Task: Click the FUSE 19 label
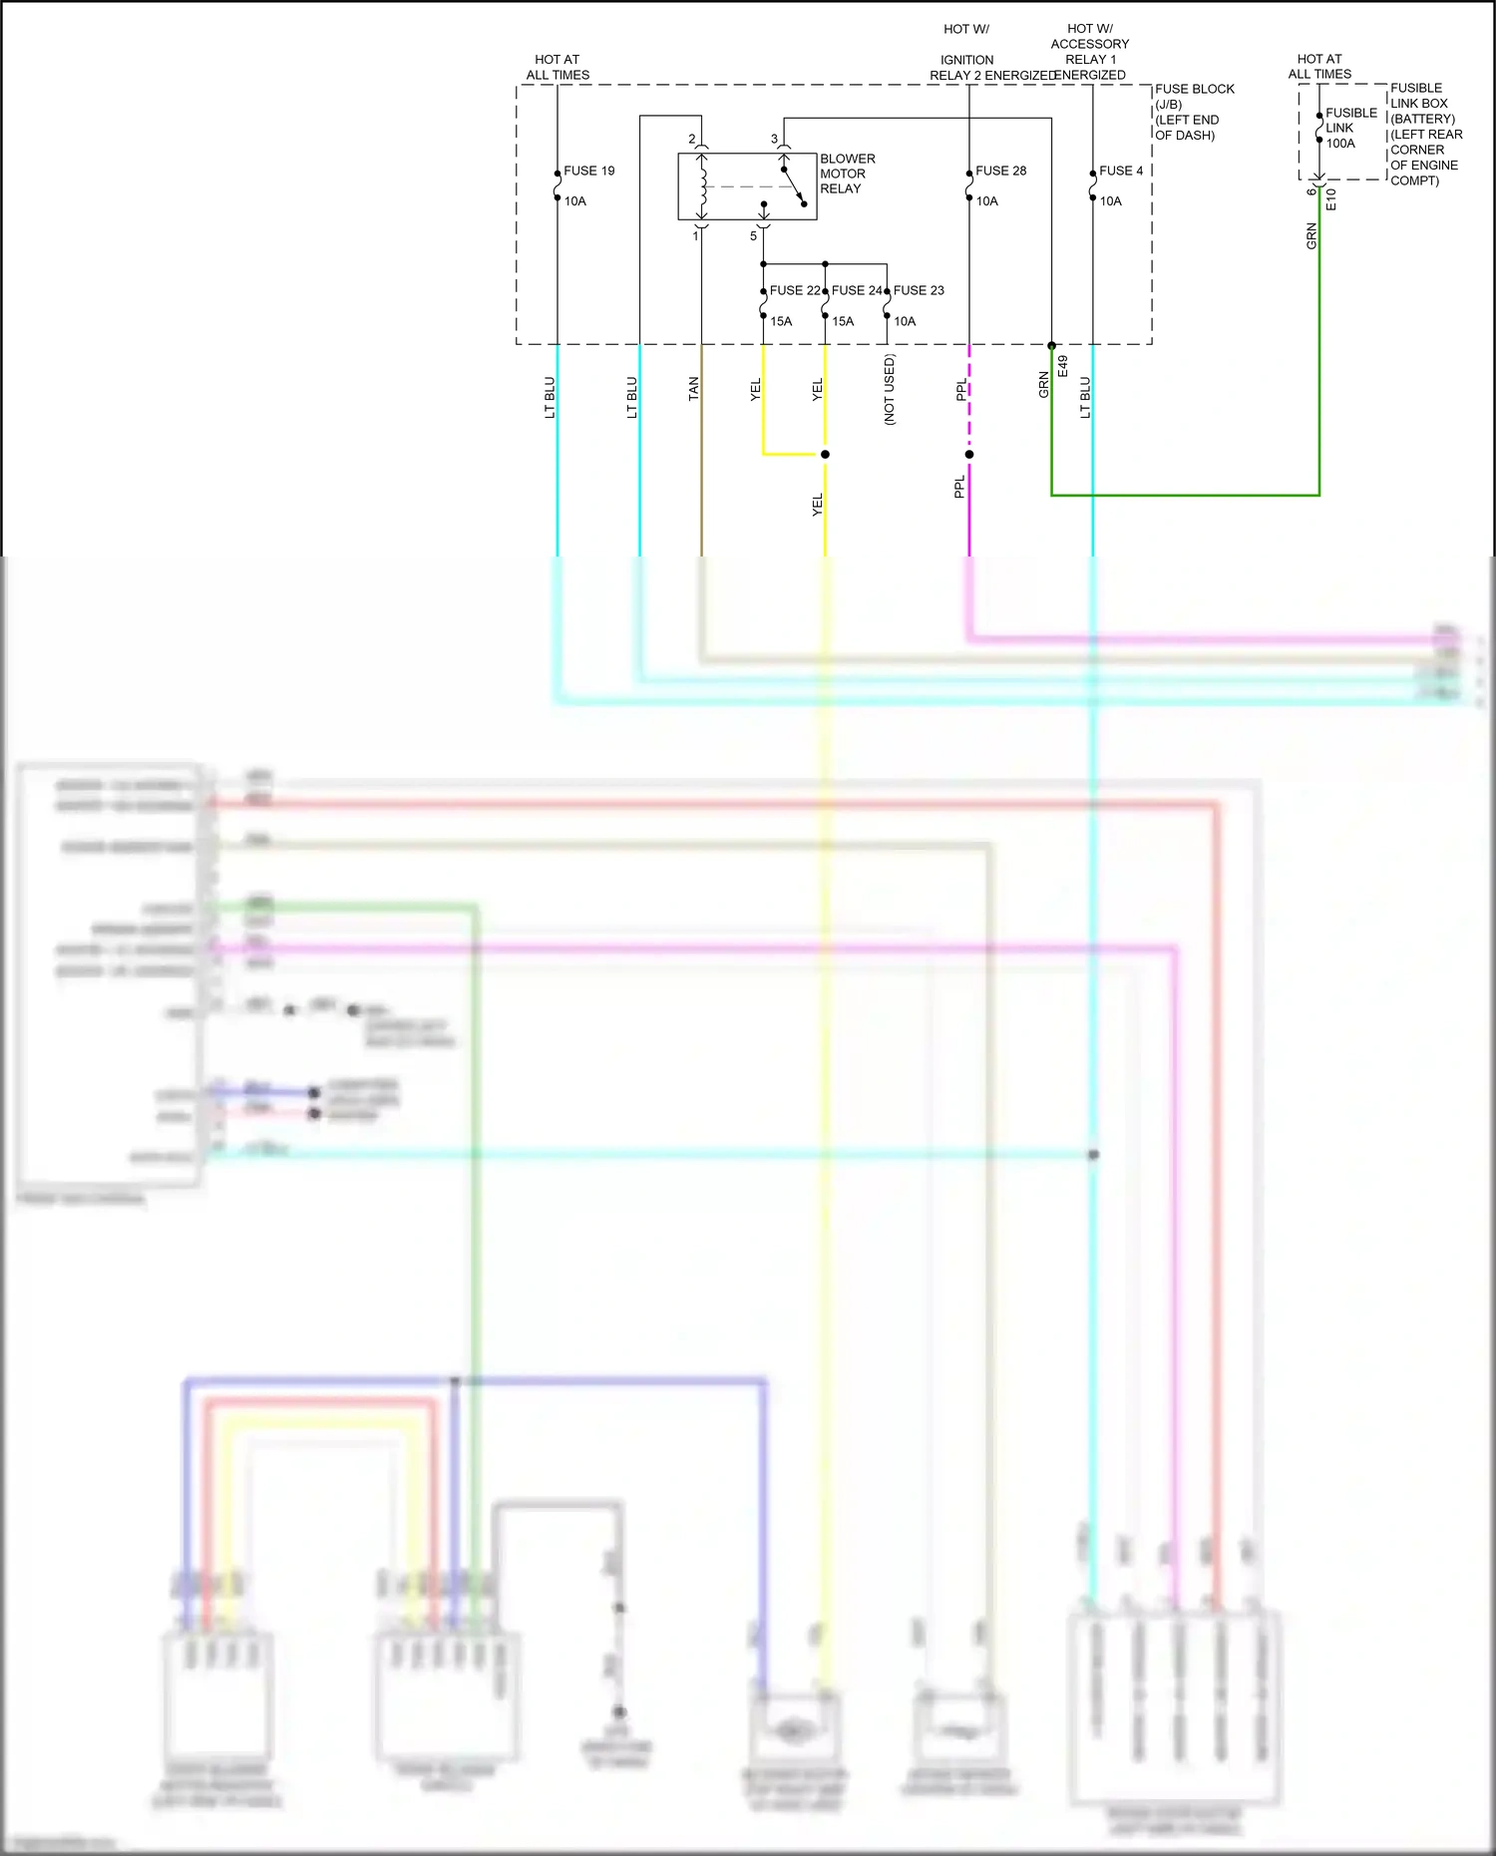588,171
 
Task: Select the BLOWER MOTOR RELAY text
847,174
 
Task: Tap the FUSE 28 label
1000,171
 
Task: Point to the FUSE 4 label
1121,171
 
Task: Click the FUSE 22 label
794,290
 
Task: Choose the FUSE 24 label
856,290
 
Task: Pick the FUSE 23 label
919,290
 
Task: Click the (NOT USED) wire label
890,390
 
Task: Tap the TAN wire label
693,389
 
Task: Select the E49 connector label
1063,366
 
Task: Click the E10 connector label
1330,199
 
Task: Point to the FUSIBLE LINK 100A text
1350,128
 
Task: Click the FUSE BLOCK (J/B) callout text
1194,112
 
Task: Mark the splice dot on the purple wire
968,455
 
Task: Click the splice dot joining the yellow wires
825,455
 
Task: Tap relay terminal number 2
691,139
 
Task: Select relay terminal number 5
753,236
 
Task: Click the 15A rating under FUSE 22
781,321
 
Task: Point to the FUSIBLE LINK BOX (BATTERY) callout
1426,134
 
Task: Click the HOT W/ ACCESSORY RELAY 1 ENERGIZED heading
1089,52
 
